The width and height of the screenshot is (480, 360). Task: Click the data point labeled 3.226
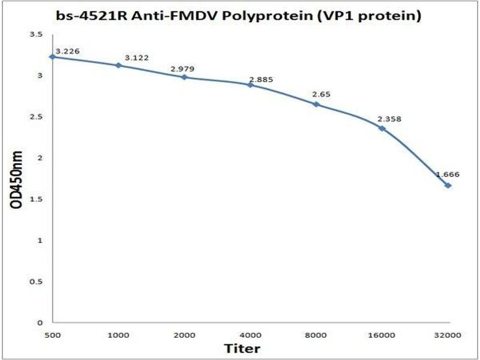point(53,57)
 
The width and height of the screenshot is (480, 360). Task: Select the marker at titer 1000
point(118,65)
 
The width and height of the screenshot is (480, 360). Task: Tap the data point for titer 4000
point(250,85)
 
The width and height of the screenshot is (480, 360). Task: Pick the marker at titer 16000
point(382,128)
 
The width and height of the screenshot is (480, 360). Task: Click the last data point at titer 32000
point(448,185)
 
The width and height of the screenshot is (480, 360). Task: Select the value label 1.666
point(447,175)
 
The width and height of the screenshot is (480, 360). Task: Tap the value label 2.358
point(389,119)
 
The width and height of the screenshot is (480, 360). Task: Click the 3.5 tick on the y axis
point(37,35)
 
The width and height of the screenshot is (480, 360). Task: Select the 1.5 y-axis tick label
point(37,199)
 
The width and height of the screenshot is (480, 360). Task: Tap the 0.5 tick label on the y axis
point(37,281)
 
